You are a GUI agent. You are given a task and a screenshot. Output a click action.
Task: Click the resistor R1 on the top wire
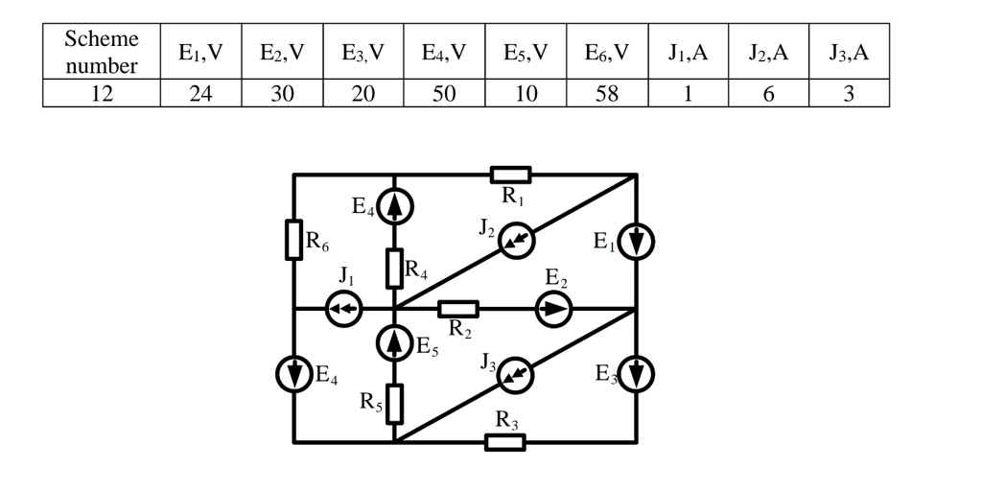pos(510,175)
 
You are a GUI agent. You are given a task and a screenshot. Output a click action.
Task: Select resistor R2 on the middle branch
pos(458,309)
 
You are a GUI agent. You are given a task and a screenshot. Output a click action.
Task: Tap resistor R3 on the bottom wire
pos(504,442)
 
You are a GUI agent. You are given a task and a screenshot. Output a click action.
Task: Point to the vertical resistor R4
pos(394,268)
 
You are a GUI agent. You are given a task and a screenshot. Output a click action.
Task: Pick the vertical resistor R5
pos(394,403)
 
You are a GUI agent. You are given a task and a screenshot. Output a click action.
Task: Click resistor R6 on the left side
pos(293,240)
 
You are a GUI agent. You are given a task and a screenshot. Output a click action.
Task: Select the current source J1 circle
pos(343,309)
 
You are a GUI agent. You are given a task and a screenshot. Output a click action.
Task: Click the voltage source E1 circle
pos(636,243)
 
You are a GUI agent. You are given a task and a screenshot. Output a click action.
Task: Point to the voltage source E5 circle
pos(394,342)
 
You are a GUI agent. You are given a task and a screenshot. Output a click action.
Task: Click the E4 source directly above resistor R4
pos(394,206)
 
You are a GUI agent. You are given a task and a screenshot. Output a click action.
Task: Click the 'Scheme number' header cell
pos(101,53)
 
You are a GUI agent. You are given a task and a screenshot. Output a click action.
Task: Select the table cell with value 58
pos(607,94)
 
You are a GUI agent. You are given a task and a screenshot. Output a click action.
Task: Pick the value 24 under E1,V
pos(200,94)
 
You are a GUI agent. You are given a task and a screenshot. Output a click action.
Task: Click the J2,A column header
pos(768,53)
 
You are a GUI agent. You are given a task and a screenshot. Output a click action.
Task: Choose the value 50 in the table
pos(444,94)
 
